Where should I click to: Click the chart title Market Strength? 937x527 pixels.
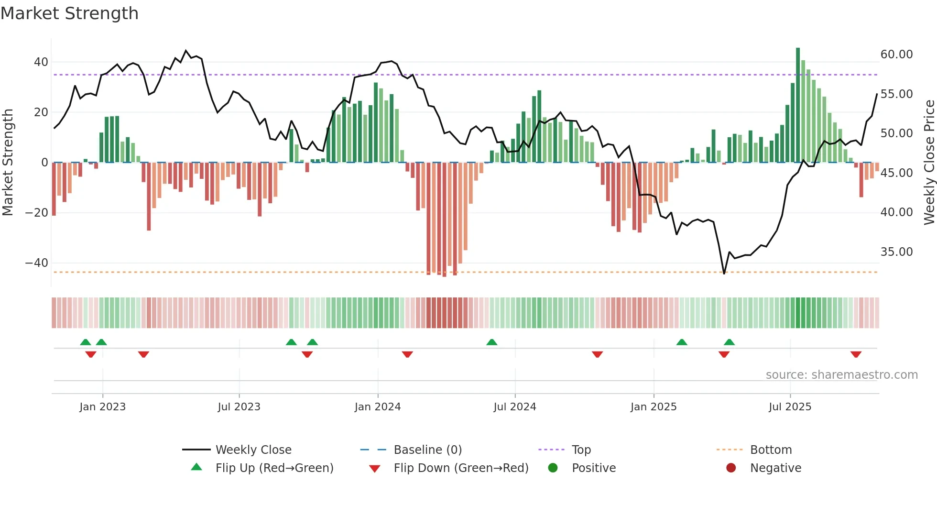tap(69, 13)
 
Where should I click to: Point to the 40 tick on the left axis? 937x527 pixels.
tap(41, 62)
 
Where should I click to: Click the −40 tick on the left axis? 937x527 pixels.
tap(37, 263)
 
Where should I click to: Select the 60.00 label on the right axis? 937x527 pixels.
tap(896, 55)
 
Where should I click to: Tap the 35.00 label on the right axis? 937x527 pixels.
tap(896, 252)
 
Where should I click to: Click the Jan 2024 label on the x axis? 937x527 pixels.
tap(377, 407)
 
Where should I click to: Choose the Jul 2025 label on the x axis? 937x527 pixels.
tap(790, 407)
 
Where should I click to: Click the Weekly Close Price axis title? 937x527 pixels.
tap(929, 163)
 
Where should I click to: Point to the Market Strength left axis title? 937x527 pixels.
tap(8, 163)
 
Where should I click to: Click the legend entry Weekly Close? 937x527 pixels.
tap(253, 450)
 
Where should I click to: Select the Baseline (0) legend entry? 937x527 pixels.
tap(427, 450)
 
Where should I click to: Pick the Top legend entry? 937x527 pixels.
tap(581, 450)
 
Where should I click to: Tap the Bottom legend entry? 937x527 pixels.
tap(771, 450)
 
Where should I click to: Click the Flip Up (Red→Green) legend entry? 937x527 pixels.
tap(274, 468)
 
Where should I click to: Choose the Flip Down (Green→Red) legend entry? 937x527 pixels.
tap(461, 468)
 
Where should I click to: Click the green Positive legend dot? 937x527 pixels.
tap(553, 468)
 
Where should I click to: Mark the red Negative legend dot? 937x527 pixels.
tap(731, 468)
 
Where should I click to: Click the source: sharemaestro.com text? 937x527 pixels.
tap(841, 375)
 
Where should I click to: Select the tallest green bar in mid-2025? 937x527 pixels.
tap(798, 105)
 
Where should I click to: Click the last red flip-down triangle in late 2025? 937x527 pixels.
tap(856, 354)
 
